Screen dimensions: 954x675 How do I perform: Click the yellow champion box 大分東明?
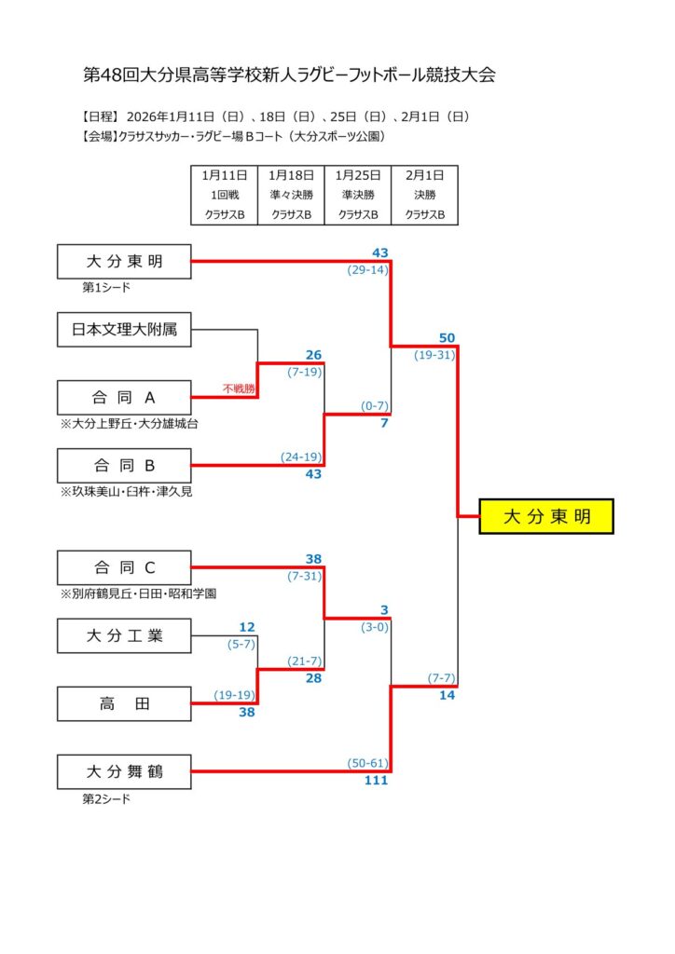click(x=546, y=516)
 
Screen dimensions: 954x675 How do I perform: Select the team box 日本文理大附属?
click(x=124, y=330)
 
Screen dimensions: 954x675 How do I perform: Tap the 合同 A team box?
click(x=124, y=398)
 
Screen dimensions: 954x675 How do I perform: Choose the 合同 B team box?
click(x=124, y=466)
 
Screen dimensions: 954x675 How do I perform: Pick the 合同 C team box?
click(x=124, y=567)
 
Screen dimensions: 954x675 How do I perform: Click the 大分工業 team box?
click(x=124, y=636)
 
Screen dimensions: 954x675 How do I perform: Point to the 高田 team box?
click(x=124, y=704)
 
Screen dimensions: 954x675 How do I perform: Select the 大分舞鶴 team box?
click(x=124, y=771)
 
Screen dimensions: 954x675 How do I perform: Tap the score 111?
click(x=376, y=781)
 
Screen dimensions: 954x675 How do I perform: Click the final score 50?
click(x=446, y=337)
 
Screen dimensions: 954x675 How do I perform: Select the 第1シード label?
click(x=107, y=289)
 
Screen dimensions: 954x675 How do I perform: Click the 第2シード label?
click(x=107, y=798)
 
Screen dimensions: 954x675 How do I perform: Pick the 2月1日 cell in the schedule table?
click(x=424, y=174)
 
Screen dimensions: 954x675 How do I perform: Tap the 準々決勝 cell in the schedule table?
click(x=291, y=195)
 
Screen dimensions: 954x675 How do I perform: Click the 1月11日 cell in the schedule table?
click(x=224, y=174)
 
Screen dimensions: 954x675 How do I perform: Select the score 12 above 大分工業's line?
click(x=247, y=627)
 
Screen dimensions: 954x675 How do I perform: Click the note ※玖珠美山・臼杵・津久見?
click(x=127, y=491)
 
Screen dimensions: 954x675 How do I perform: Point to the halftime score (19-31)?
click(x=435, y=355)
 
